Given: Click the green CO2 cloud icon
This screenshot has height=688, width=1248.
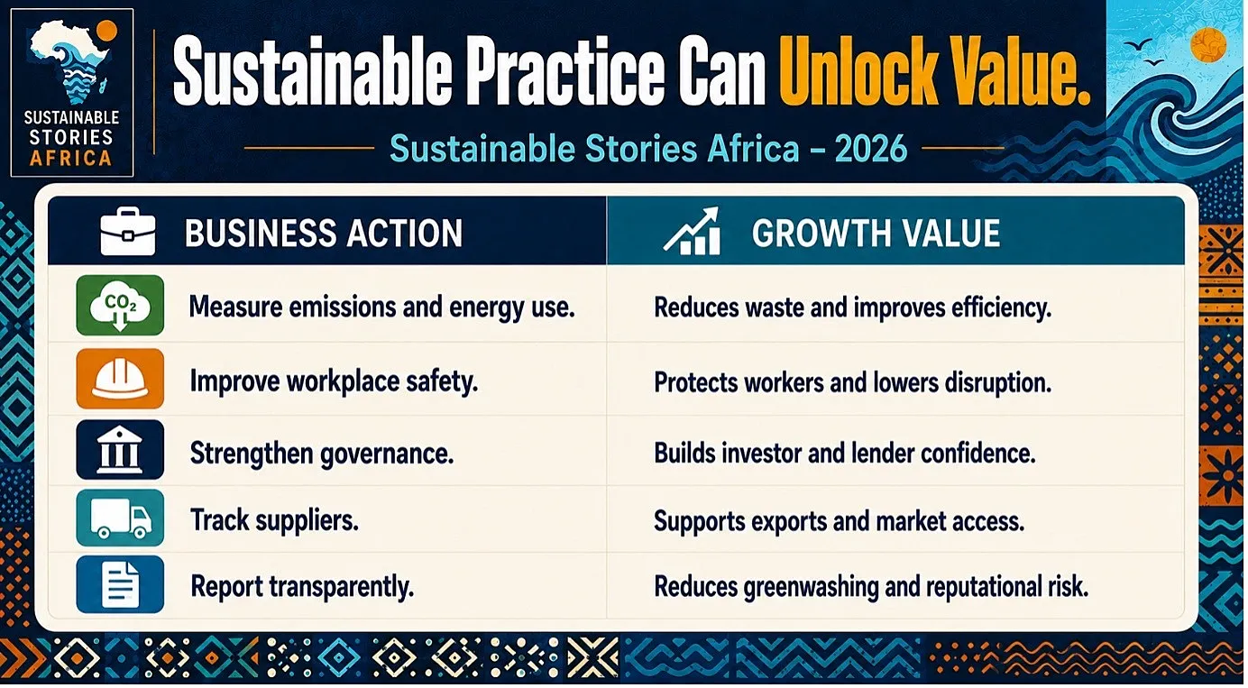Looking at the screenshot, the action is tap(120, 305).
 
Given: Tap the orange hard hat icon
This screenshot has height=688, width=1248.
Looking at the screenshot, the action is tap(120, 379).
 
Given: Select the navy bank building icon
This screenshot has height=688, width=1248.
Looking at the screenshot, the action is tap(120, 450).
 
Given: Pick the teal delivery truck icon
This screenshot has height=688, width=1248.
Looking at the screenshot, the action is tap(120, 518).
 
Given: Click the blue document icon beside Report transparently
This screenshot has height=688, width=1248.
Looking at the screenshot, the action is tap(120, 583).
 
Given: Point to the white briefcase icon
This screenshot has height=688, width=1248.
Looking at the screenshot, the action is tap(127, 231).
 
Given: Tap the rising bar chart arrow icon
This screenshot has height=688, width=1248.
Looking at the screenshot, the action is tap(692, 231).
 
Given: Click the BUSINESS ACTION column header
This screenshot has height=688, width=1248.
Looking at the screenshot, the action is tap(324, 233).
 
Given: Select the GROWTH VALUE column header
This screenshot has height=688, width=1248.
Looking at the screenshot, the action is tap(876, 233).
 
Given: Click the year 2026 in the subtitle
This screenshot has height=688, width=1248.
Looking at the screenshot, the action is tap(871, 149).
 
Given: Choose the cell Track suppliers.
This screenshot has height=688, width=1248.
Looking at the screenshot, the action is tap(275, 520).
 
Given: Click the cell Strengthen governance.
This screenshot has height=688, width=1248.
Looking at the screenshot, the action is tap(322, 454).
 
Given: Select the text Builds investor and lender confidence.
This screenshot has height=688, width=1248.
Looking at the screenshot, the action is tap(845, 453).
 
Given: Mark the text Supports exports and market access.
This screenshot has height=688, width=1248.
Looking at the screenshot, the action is tap(839, 521).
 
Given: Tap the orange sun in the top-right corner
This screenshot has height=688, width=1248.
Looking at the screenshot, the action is tap(1208, 44).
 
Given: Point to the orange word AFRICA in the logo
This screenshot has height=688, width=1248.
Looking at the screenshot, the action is tap(70, 158).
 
